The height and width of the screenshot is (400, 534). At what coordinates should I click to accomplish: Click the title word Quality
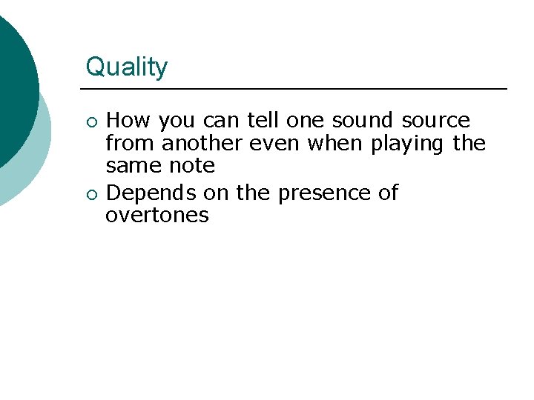tap(127, 67)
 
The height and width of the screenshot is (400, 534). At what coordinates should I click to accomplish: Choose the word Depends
tap(151, 193)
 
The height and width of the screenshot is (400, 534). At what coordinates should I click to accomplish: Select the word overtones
tap(157, 216)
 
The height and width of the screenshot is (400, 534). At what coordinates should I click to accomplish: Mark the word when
tap(336, 142)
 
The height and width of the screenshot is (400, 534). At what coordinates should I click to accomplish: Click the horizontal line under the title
tap(297, 89)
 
